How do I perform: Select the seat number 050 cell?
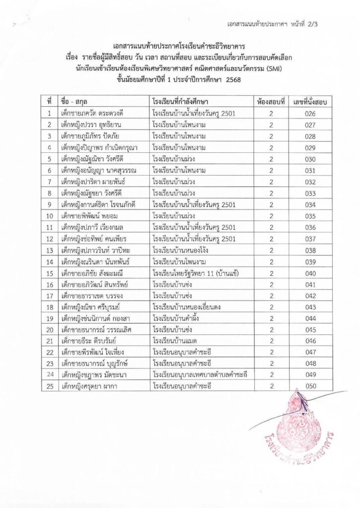click(311, 385)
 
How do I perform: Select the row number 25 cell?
click(50, 385)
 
